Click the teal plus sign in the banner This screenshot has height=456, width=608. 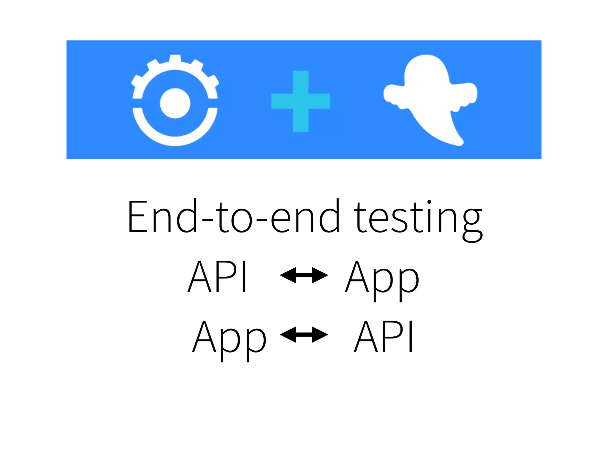tap(300, 101)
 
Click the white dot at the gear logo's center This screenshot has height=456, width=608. tap(175, 103)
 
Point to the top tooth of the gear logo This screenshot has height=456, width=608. tap(175, 58)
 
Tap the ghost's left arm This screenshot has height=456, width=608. tap(392, 94)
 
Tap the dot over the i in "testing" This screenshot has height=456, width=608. tap(429, 202)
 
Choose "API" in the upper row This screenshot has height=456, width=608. tap(217, 276)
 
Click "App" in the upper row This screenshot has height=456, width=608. tap(382, 279)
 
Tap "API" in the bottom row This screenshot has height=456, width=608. tap(383, 336)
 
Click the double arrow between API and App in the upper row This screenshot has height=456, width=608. tap(304, 275)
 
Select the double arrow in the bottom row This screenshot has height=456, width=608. tap(304, 335)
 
